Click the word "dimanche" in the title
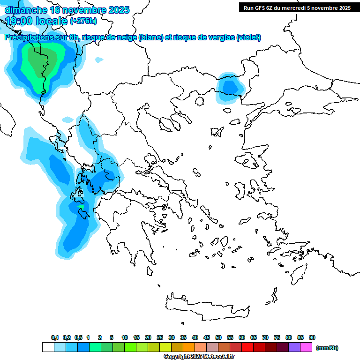click(x=26, y=10)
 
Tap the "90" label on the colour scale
click(x=312, y=337)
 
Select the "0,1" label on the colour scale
click(x=54, y=337)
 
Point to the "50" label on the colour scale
click(x=218, y=337)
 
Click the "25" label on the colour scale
click(x=160, y=337)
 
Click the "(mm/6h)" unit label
click(x=327, y=348)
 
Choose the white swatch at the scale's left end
click(x=48, y=347)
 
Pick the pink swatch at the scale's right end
click(x=306, y=347)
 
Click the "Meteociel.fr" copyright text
click(x=218, y=357)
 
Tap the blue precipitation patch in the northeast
click(x=230, y=87)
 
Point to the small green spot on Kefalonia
click(x=81, y=207)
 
